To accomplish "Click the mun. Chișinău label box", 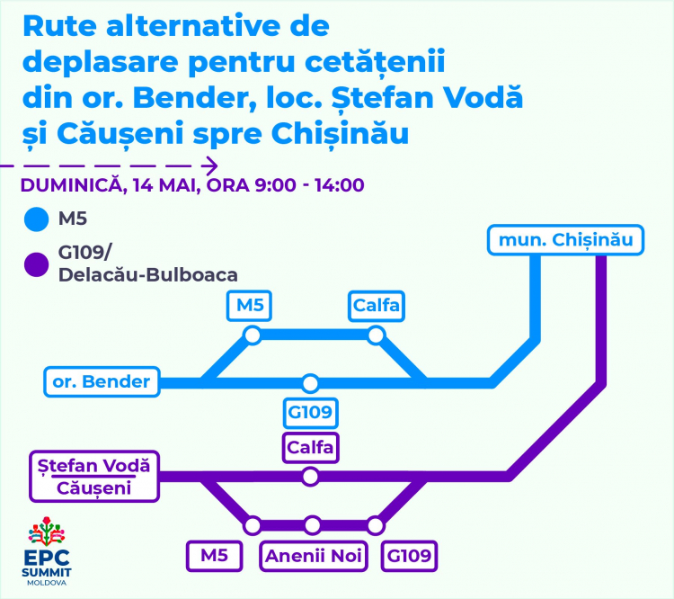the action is [x=565, y=239].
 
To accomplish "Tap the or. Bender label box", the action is [x=102, y=381].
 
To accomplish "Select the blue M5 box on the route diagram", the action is [x=249, y=306].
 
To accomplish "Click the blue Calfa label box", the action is [x=377, y=306].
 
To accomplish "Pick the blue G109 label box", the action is [x=310, y=413].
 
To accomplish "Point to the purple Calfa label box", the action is [x=310, y=448].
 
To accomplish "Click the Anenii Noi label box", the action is [x=314, y=556].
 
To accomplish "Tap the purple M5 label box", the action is [x=215, y=556].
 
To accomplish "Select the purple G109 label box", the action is [x=409, y=556].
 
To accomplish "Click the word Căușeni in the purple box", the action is [x=93, y=488].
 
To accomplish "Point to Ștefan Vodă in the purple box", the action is [x=93, y=466].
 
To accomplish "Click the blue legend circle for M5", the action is [x=37, y=219].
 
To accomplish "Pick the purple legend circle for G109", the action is [x=37, y=264].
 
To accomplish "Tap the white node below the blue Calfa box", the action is [x=376, y=335].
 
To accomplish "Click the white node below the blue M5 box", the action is [x=253, y=335].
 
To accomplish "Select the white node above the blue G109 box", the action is [x=310, y=383].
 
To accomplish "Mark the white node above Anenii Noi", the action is [x=313, y=525].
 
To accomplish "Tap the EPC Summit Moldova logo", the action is [x=47, y=551].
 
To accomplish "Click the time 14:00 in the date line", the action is [x=339, y=185].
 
